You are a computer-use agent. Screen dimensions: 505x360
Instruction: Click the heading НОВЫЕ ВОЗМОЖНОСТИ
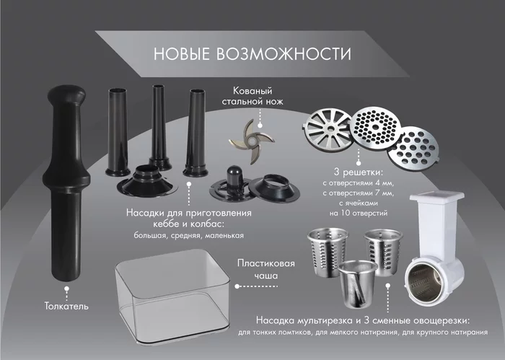click(x=252, y=54)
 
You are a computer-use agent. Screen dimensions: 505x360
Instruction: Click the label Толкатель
click(x=66, y=306)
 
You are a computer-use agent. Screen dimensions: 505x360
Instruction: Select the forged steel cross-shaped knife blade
click(x=252, y=141)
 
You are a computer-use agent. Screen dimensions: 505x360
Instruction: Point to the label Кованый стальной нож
click(x=252, y=96)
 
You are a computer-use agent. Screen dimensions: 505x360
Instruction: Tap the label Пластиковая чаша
click(x=266, y=269)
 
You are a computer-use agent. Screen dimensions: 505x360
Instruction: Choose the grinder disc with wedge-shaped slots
click(x=328, y=129)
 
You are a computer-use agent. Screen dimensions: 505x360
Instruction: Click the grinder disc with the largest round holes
click(x=413, y=149)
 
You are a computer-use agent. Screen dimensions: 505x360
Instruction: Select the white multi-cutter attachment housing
click(x=435, y=249)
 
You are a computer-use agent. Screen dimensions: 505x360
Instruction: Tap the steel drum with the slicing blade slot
click(x=357, y=284)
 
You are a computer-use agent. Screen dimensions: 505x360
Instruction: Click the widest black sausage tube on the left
click(x=118, y=132)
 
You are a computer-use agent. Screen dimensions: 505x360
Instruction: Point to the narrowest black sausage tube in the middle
click(x=159, y=127)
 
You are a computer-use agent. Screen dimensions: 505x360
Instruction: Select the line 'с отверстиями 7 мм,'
click(x=359, y=193)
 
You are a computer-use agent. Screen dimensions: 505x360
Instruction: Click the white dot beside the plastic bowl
click(x=237, y=286)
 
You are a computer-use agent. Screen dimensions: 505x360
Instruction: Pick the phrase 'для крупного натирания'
click(x=445, y=333)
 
